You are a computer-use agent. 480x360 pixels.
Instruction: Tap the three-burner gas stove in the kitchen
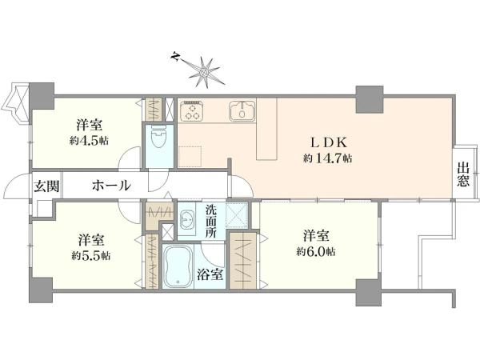[192, 110]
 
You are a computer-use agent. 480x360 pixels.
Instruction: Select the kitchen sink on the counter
[242, 110]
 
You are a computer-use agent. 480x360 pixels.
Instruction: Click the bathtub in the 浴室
[178, 266]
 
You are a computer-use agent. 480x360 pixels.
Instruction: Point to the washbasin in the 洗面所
[186, 219]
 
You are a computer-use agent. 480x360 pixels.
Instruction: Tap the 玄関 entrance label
[46, 186]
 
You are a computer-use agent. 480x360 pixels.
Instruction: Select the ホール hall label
[111, 186]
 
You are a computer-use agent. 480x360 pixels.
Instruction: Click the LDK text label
[329, 142]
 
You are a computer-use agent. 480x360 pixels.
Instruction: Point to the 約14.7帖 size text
[328, 158]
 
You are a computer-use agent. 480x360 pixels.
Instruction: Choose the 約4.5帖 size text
[89, 141]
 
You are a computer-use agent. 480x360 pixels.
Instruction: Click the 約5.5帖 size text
[91, 255]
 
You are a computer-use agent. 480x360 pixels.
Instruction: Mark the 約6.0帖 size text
[316, 252]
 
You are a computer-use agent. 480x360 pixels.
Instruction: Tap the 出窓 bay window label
[463, 174]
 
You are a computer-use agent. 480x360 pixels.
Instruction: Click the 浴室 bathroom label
[210, 274]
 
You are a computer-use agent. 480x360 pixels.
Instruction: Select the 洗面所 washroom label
[210, 221]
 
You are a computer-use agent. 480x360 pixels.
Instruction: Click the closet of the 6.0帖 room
[242, 261]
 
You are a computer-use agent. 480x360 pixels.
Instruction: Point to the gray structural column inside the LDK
[370, 99]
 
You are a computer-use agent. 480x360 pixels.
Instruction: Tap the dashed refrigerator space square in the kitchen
[190, 157]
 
